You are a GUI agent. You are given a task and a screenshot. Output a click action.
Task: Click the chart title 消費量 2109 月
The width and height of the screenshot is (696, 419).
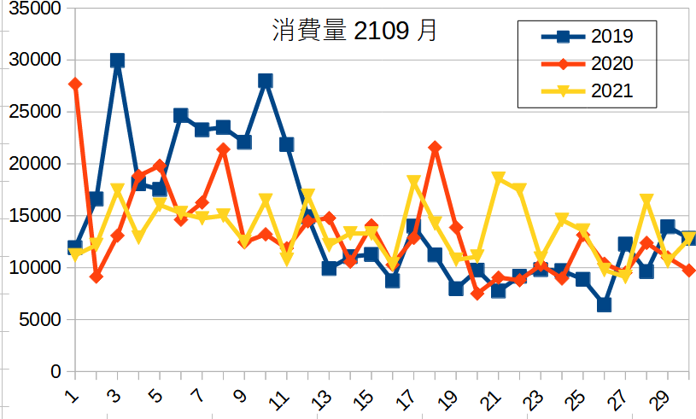(x=354, y=32)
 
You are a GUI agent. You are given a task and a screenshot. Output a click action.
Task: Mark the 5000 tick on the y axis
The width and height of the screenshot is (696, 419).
(x=41, y=320)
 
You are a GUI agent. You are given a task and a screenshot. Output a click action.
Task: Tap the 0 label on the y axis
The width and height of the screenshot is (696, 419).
(x=56, y=372)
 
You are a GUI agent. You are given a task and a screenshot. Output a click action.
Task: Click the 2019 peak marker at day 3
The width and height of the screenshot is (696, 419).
(x=117, y=60)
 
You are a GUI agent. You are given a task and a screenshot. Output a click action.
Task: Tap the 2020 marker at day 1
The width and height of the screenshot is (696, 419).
(x=75, y=84)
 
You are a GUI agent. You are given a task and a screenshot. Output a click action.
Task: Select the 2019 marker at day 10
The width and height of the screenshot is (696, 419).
(x=266, y=80)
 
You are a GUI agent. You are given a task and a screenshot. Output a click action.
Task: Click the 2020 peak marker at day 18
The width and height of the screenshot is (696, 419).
(x=435, y=148)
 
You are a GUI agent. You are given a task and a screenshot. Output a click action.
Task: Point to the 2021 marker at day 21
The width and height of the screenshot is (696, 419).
(x=499, y=178)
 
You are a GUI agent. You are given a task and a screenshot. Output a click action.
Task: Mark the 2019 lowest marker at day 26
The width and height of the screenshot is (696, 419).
(x=605, y=305)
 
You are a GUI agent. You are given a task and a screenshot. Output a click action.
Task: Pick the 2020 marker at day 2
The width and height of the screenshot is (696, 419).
(x=97, y=276)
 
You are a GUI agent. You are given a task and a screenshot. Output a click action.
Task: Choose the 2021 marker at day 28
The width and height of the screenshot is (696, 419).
(x=646, y=201)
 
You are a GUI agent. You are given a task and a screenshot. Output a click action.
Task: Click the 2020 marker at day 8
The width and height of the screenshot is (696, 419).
(x=223, y=149)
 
